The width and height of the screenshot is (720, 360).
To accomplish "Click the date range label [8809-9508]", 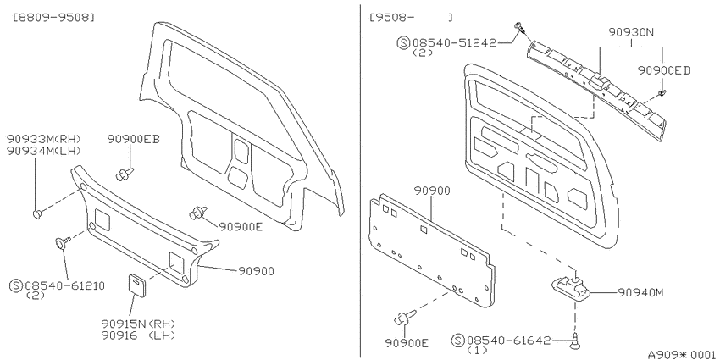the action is point(55,18).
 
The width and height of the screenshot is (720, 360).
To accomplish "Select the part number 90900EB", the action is point(134,139).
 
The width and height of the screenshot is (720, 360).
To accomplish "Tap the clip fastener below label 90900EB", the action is point(125,174).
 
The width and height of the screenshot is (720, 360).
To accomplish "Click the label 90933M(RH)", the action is point(44,139).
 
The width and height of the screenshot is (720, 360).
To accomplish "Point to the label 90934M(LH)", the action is point(44,150).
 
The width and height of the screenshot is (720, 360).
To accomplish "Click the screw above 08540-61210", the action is point(63,241).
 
